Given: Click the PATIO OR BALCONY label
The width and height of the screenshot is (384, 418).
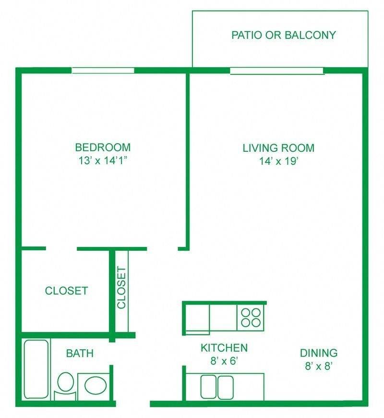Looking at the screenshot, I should tap(283, 35).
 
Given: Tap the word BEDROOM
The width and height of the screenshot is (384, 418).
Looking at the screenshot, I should tap(103, 148).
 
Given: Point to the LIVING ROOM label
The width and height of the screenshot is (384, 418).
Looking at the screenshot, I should tap(278, 148).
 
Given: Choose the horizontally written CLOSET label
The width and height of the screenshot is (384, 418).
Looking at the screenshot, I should tap(66, 291).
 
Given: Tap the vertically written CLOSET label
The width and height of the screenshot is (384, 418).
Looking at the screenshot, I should tap(121, 288).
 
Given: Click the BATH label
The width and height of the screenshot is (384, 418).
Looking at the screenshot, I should tap(80, 354).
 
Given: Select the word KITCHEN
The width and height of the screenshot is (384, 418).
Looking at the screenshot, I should tap(224, 348).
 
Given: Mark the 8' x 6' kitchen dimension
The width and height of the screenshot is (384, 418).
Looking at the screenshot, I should tap(224, 361).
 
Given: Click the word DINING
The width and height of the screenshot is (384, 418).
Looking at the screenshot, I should tap(319, 353).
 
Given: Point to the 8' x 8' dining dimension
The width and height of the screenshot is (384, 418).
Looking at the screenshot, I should tap(319, 366).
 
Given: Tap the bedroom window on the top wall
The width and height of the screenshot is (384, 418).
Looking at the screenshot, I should tap(103, 71).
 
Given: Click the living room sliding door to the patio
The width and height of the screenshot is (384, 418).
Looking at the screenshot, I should tap(277, 71).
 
